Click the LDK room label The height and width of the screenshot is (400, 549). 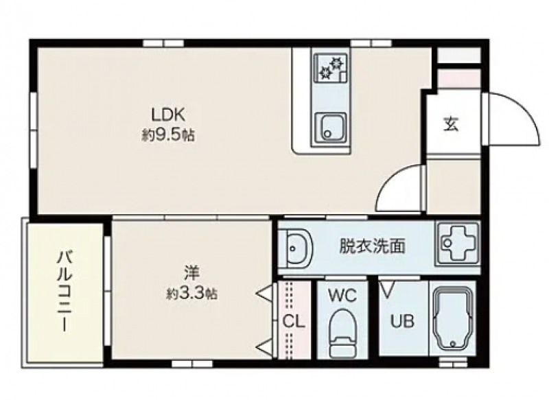(167, 115)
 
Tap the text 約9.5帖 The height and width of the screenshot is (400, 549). (168, 134)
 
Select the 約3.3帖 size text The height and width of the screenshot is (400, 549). (191, 293)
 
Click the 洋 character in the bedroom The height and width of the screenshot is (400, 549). (192, 273)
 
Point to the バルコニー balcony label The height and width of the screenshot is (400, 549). (65, 291)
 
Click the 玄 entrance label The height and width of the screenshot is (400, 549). (452, 123)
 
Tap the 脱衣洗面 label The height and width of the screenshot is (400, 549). (373, 246)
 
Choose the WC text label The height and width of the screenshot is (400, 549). (342, 296)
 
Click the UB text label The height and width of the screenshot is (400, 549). (402, 321)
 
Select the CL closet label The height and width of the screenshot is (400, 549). (294, 321)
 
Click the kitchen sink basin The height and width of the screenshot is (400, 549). (330, 128)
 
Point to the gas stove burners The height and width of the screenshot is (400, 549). (331, 67)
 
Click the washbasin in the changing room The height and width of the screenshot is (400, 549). (298, 249)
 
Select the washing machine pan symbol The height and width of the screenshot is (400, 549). (458, 242)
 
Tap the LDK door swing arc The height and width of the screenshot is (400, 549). (388, 181)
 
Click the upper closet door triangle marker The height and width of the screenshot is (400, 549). (265, 294)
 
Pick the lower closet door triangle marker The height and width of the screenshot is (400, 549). (265, 347)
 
